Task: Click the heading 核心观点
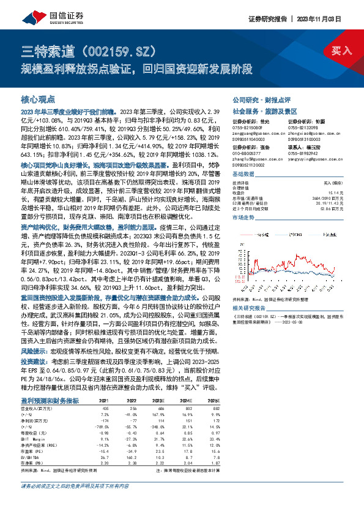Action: point(38,99)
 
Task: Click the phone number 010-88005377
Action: point(245,162)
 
